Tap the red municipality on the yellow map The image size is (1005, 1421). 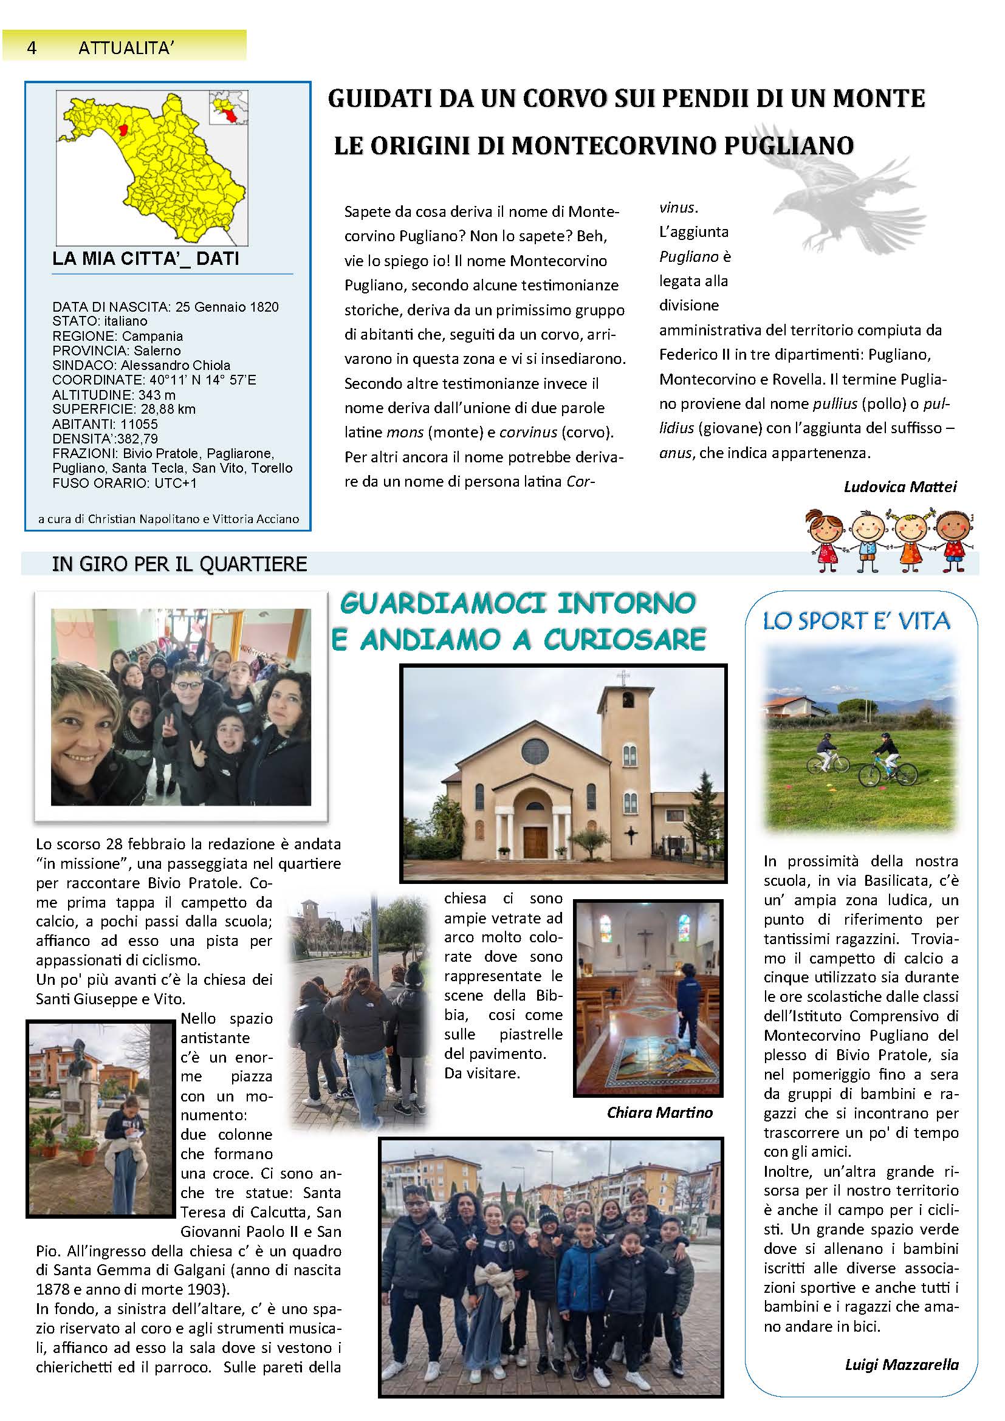123,130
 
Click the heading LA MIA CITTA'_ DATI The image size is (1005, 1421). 145,258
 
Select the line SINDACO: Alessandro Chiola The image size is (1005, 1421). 141,365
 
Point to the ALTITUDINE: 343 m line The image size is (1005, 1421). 114,394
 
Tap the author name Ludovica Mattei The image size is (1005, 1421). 900,487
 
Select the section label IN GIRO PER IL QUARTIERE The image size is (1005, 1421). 179,564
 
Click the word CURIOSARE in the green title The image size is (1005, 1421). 625,640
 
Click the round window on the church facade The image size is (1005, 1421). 535,751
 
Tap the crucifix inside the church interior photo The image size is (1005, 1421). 645,940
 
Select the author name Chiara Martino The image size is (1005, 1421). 660,1112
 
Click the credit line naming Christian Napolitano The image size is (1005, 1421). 168,519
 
